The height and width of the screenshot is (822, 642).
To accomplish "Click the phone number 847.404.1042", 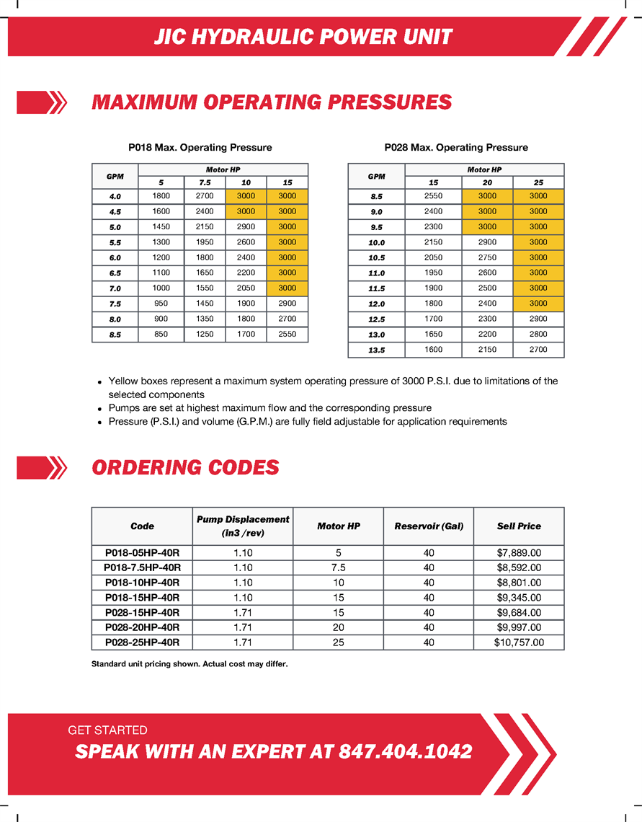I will click(405, 751).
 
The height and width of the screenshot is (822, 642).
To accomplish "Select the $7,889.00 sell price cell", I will click(519, 553).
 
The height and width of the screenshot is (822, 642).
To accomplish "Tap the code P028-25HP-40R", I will click(142, 642).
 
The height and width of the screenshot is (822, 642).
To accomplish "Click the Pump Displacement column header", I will click(243, 526).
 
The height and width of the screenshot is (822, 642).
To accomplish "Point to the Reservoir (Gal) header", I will click(429, 526).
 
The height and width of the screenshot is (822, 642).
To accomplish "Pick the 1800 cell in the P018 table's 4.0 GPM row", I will click(161, 196).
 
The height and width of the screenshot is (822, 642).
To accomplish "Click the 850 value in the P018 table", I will click(161, 335).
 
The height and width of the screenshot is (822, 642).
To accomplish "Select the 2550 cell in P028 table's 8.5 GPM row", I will click(433, 196).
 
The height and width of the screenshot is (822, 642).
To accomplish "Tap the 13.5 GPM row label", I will click(376, 350).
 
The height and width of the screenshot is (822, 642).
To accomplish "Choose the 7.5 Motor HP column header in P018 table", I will click(205, 183).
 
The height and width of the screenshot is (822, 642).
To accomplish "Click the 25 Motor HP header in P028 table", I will click(538, 183).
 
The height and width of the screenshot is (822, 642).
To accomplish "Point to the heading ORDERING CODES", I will click(185, 468).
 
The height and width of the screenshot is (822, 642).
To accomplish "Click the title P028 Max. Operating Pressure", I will click(456, 148).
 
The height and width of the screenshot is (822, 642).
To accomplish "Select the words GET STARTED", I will click(107, 730).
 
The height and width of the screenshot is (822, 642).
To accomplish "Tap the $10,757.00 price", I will click(519, 642).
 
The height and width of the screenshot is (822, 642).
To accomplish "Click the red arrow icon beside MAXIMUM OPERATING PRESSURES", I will click(42, 102).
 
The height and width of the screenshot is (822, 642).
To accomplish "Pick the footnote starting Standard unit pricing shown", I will click(190, 664).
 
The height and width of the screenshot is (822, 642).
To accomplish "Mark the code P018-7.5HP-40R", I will click(142, 568).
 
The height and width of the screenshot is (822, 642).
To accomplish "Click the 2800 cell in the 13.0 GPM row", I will click(538, 335).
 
